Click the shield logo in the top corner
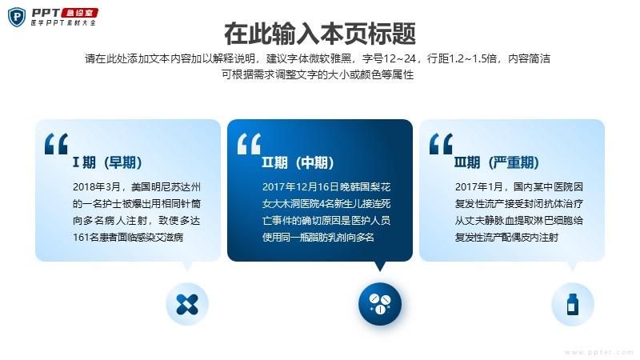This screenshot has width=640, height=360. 17,17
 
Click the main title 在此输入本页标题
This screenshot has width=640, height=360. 320,34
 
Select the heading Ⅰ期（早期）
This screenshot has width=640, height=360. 107,162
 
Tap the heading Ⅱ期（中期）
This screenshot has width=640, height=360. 298,162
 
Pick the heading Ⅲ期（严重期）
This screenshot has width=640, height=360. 497,162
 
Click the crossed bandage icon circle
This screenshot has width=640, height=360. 187,304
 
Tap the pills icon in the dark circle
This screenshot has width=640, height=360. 380,304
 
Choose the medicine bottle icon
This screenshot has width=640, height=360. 573,304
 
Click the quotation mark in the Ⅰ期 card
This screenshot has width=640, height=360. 56,144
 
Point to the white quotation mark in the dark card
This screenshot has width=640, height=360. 249,144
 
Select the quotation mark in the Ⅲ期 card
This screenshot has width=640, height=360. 442,144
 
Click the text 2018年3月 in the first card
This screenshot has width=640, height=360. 96,187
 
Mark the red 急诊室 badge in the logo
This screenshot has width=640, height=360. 79,13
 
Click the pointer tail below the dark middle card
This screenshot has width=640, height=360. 380,266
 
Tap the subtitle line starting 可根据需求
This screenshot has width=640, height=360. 318,74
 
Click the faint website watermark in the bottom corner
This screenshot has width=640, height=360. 598,352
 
